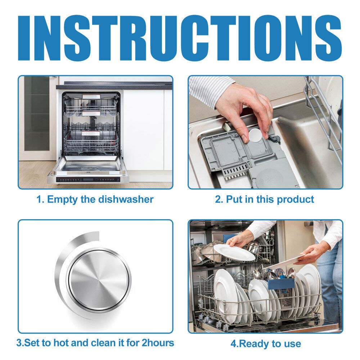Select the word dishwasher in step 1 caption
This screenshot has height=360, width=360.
click(126, 199)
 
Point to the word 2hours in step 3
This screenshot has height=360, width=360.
click(158, 343)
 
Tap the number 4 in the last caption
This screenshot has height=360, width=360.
click(233, 344)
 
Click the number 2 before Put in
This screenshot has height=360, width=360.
click(218, 199)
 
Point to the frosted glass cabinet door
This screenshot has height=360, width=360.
click(37, 114)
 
